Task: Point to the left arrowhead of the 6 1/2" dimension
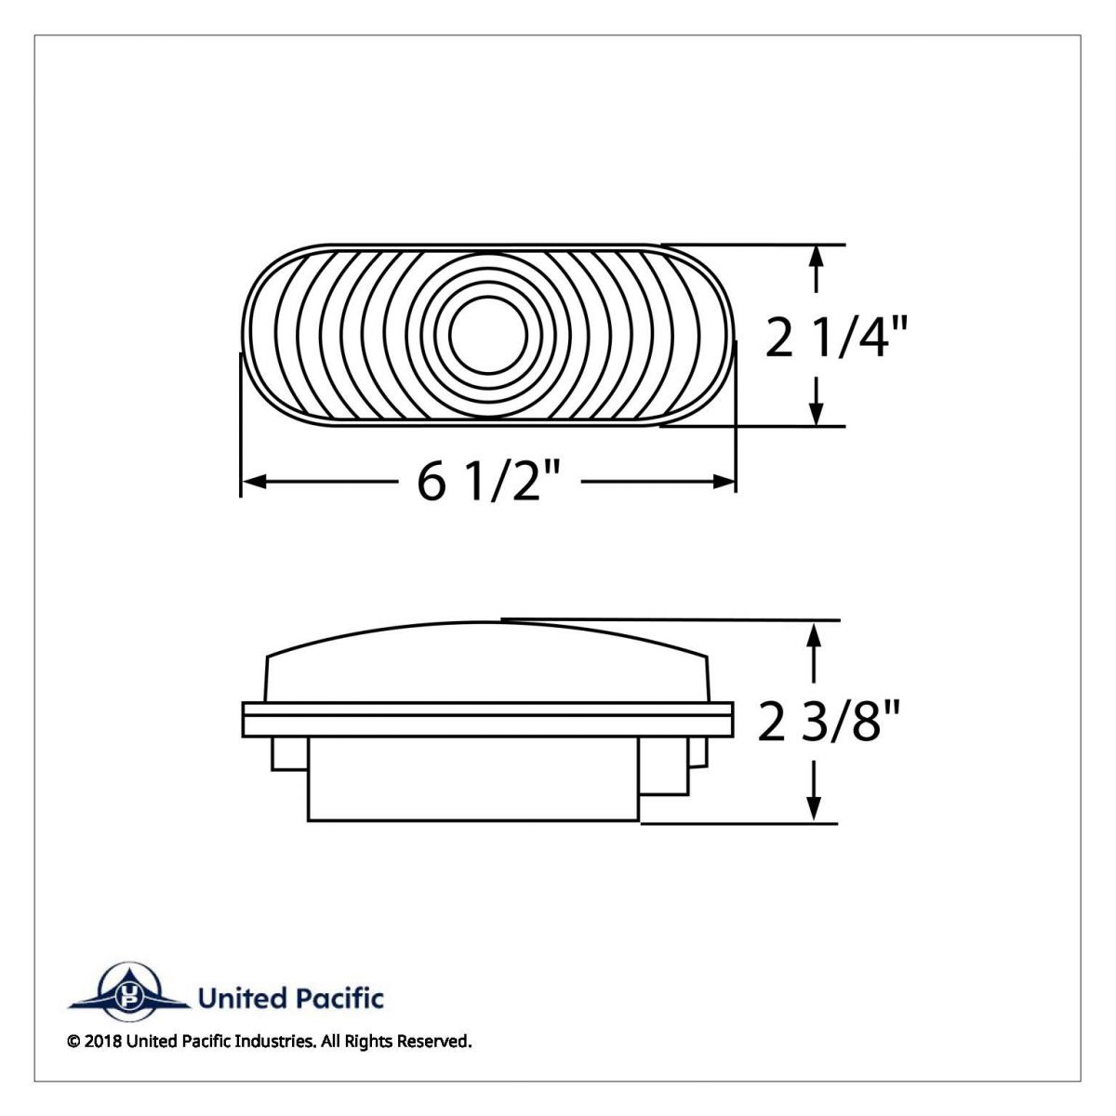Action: click(x=253, y=482)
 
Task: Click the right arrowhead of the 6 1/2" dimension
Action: click(x=724, y=482)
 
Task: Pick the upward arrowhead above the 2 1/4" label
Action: click(x=817, y=257)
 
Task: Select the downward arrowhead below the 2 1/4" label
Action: click(x=817, y=415)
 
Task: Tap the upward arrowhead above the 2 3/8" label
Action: click(x=816, y=635)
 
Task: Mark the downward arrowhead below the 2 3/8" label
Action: click(x=816, y=809)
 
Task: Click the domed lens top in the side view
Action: click(x=488, y=660)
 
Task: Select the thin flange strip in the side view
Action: click(x=487, y=719)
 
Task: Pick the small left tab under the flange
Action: click(x=289, y=753)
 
